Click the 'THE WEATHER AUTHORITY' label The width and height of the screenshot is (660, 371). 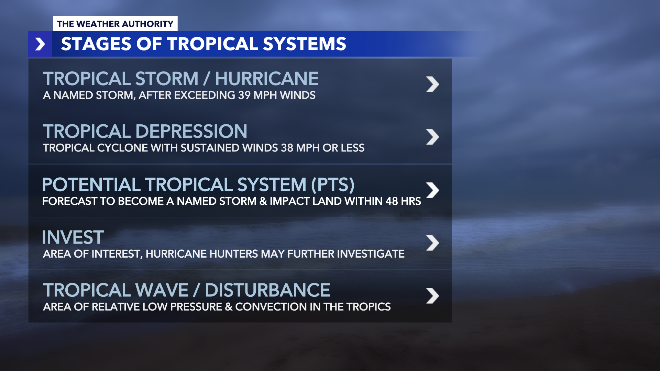115,24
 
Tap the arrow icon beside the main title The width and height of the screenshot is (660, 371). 40,44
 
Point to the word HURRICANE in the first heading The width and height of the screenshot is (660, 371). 267,79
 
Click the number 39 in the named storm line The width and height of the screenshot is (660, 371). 244,95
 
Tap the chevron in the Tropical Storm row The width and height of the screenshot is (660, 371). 432,84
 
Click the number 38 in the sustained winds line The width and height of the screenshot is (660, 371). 287,148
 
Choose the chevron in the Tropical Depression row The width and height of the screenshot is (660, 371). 432,137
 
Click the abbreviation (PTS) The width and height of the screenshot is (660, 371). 332,184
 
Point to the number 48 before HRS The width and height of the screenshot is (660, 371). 392,201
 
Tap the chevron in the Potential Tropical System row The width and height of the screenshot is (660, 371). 432,190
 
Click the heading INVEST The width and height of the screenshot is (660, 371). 73,237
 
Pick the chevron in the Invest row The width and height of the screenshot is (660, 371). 432,243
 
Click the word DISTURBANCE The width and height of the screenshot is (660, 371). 267,290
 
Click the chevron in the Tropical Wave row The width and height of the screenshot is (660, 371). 432,296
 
